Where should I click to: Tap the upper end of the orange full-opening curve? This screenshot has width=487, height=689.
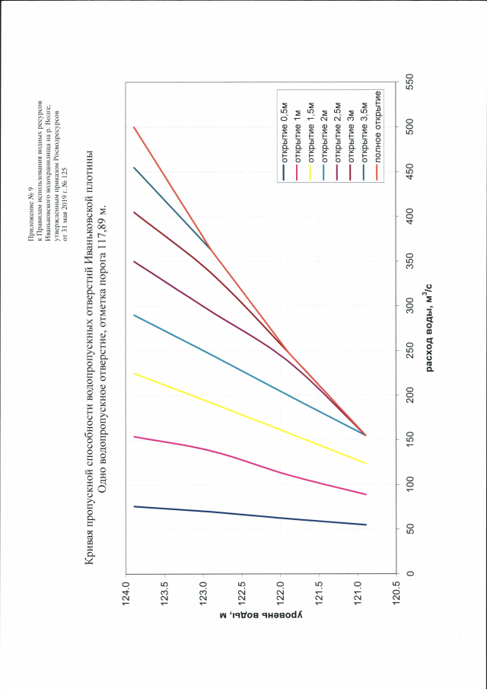point(134,127)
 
